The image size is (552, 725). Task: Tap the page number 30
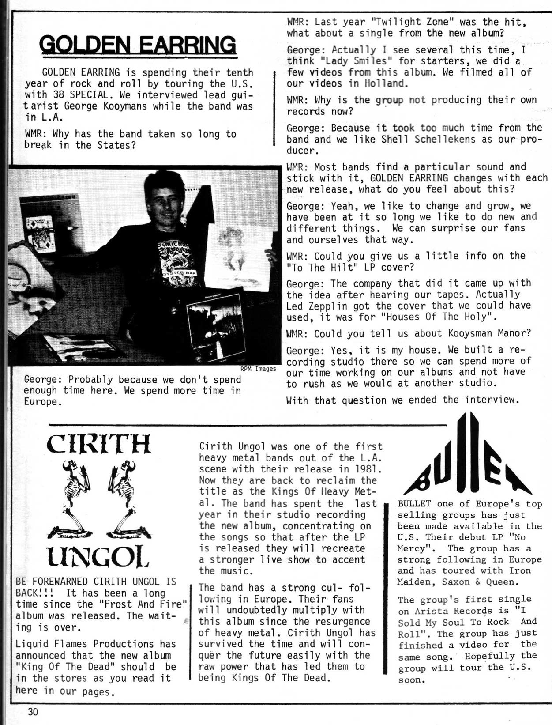click(33, 712)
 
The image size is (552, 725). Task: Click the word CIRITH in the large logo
click(98, 444)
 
